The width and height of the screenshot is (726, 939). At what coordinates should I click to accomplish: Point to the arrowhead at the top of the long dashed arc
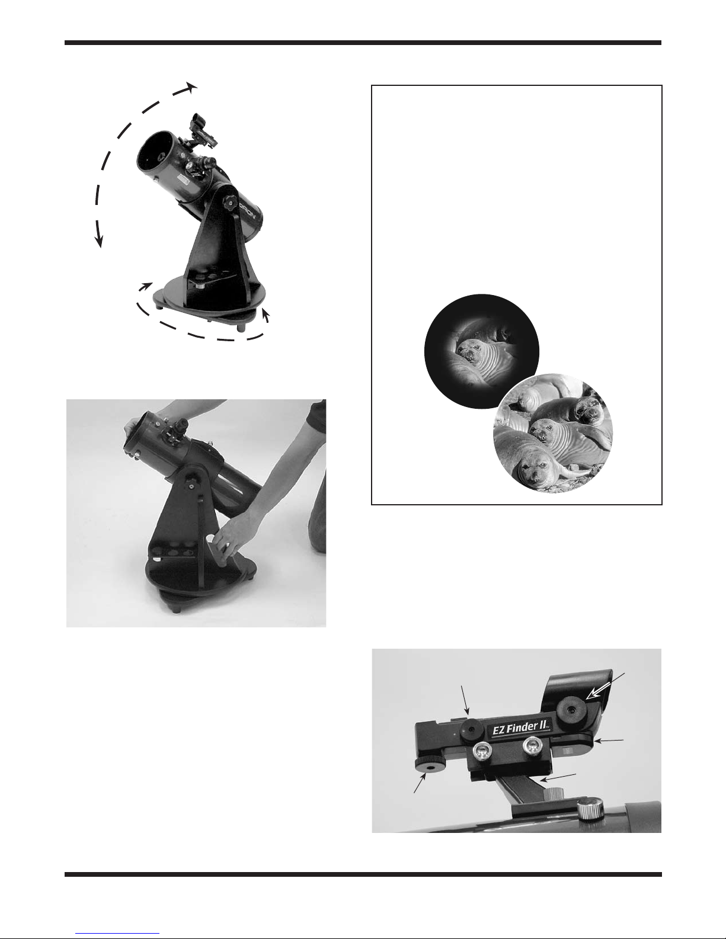(x=191, y=86)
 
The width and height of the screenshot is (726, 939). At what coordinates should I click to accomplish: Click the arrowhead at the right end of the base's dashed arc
(x=266, y=315)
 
